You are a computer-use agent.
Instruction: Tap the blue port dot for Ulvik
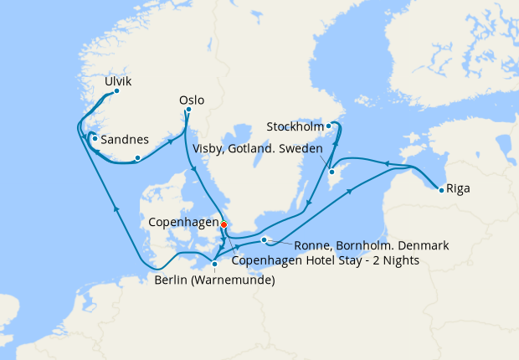point(116,91)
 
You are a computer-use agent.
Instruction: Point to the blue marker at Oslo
point(189,109)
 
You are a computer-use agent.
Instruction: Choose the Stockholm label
point(294,127)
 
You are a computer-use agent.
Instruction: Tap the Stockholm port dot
point(329,126)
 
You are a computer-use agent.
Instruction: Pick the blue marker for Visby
point(331,172)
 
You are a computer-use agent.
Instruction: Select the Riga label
point(458,188)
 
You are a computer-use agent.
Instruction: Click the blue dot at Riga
point(441,189)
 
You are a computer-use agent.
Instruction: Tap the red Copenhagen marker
point(224,224)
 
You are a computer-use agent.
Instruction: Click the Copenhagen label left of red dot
point(182,224)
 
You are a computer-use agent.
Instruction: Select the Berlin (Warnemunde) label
point(214,280)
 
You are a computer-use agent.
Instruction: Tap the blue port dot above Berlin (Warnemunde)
point(215,265)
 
